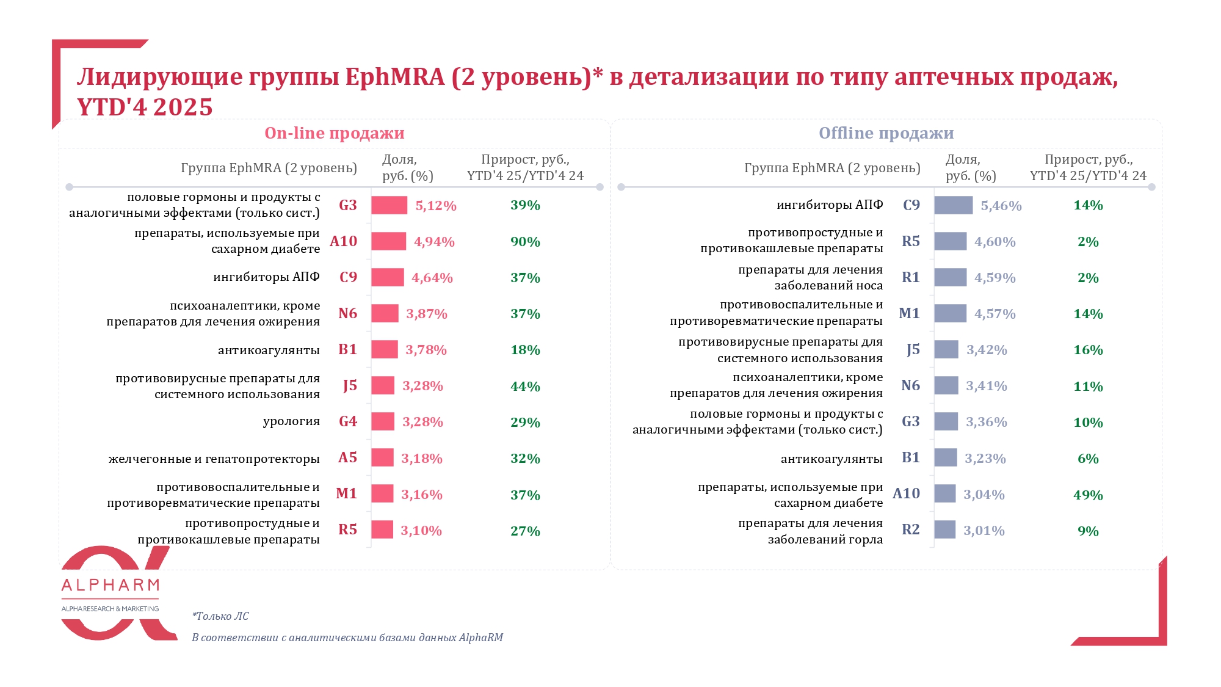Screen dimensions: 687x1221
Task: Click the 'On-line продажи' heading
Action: (x=334, y=133)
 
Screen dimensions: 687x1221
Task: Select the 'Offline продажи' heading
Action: (x=886, y=133)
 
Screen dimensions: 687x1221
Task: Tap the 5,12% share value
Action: (x=436, y=206)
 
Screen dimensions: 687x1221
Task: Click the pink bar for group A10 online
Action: (x=388, y=241)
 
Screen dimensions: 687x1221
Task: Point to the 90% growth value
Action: (x=525, y=242)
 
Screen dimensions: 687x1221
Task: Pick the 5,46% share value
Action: (x=1001, y=206)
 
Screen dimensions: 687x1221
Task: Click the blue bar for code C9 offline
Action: (x=953, y=205)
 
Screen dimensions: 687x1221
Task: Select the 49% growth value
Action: (x=1088, y=495)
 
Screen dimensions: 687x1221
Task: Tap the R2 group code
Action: (x=910, y=529)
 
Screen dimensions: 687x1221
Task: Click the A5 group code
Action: (x=347, y=457)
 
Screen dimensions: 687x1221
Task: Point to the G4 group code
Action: (x=348, y=421)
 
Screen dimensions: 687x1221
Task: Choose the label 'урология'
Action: (x=291, y=421)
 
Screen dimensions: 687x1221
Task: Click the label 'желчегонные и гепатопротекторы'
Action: (x=214, y=459)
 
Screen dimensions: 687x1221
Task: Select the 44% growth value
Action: (x=525, y=387)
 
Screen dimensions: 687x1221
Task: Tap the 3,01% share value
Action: (x=984, y=531)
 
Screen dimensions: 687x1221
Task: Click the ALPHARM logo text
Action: (x=111, y=586)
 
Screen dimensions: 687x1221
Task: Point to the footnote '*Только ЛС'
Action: (x=220, y=616)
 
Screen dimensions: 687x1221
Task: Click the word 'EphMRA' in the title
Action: (x=395, y=78)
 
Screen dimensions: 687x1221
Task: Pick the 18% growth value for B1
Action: (x=525, y=350)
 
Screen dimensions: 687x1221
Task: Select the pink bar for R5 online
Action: (x=382, y=529)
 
